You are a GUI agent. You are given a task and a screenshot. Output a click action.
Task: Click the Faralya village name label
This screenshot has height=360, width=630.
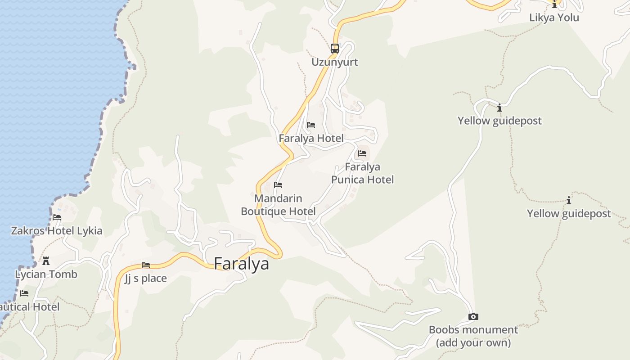pyautogui.click(x=241, y=264)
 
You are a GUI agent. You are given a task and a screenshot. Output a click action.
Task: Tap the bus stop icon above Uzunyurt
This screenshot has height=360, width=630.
pyautogui.click(x=335, y=48)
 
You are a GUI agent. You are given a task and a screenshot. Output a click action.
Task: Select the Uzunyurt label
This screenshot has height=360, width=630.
pyautogui.click(x=335, y=62)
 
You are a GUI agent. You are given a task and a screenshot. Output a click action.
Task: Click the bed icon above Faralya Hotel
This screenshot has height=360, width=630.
pyautogui.click(x=311, y=125)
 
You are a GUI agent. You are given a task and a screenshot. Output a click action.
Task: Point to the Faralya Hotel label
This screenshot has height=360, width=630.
pyautogui.click(x=311, y=139)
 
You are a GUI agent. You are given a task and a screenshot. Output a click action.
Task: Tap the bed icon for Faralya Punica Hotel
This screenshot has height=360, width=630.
pyautogui.click(x=362, y=153)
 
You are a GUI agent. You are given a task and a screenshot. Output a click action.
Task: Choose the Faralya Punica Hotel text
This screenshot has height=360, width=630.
pyautogui.click(x=362, y=173)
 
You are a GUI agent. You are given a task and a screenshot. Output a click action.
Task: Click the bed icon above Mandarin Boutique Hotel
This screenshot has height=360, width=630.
pyautogui.click(x=278, y=185)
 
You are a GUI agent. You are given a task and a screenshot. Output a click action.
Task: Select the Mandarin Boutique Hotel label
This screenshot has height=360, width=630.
pyautogui.click(x=278, y=205)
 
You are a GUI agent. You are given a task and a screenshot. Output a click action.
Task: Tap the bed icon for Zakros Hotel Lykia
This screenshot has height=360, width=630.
pyautogui.click(x=57, y=217)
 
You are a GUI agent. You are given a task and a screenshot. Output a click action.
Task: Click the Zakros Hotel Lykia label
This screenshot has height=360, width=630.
pyautogui.click(x=57, y=231)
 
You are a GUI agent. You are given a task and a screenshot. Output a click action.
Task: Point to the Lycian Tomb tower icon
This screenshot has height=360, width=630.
pyautogui.click(x=46, y=261)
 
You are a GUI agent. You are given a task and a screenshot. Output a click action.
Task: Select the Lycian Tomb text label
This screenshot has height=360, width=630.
pyautogui.click(x=46, y=274)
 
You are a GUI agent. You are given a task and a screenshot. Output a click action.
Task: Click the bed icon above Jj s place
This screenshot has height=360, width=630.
pyautogui.click(x=146, y=265)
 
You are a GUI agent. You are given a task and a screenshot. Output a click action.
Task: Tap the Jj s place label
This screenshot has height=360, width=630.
pyautogui.click(x=146, y=279)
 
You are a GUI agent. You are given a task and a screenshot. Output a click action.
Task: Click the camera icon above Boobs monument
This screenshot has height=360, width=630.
pyautogui.click(x=473, y=317)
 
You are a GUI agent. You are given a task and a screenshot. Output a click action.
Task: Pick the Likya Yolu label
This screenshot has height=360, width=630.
pyautogui.click(x=554, y=18)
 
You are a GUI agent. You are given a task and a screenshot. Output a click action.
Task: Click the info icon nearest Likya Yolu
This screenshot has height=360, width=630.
pyautogui.click(x=554, y=5)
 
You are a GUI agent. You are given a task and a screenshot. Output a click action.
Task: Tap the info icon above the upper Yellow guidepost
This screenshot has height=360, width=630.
pyautogui.click(x=499, y=108)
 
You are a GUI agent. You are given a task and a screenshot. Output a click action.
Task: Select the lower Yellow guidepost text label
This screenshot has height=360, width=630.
pyautogui.click(x=569, y=214)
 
